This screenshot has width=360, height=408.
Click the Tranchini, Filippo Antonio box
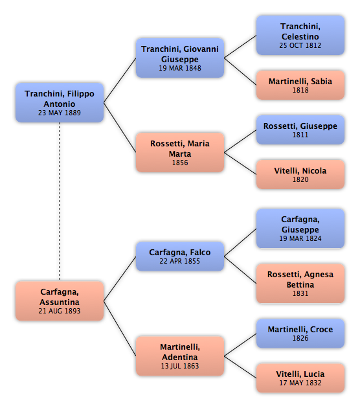(60, 103)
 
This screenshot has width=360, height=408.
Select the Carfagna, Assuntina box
(60, 300)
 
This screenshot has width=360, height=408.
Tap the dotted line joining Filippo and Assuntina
(60, 201)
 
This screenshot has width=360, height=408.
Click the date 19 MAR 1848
(180, 68)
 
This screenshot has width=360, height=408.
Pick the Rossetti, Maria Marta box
(180, 152)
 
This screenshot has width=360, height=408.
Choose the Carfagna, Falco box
(180, 256)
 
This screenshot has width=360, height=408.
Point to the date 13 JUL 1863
(180, 366)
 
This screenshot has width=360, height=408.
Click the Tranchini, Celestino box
(300, 35)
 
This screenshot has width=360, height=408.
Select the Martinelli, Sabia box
(300, 85)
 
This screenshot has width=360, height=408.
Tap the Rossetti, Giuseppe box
(300, 130)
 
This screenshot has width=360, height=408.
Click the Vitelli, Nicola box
(300, 175)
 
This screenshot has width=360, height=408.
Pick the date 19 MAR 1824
(300, 238)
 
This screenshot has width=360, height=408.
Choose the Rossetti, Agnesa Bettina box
(300, 284)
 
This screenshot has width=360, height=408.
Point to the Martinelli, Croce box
(300, 334)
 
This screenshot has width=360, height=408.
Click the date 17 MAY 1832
(300, 383)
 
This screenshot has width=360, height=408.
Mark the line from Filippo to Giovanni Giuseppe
(120, 80)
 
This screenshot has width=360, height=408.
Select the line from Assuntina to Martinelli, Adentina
(120, 328)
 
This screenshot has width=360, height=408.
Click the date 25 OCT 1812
(300, 45)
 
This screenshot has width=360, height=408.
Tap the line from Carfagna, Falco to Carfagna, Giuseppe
(240, 243)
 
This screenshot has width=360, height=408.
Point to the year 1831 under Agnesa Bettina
(300, 293)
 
